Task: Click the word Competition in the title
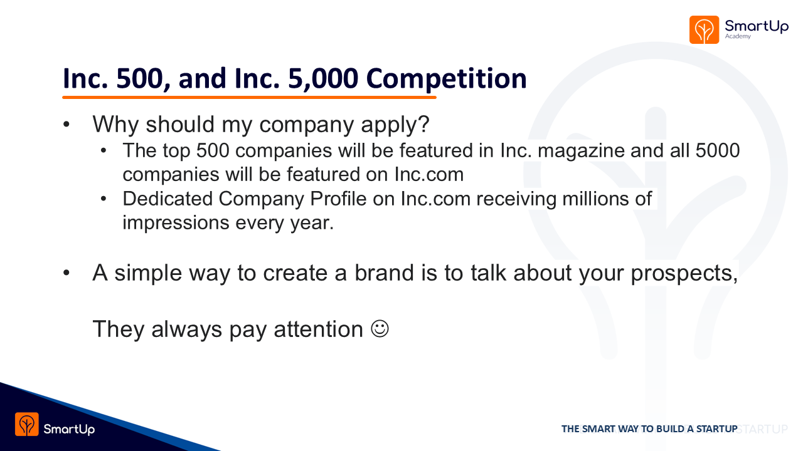446,80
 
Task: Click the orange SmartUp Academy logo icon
704,29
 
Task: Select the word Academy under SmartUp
738,36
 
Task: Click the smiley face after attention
380,329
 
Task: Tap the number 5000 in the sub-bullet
718,150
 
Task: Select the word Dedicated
168,199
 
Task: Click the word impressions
176,224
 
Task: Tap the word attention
318,329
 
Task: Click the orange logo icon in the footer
27,424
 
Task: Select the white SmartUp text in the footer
69,429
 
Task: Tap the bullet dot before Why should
66,125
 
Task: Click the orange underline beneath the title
249,97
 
